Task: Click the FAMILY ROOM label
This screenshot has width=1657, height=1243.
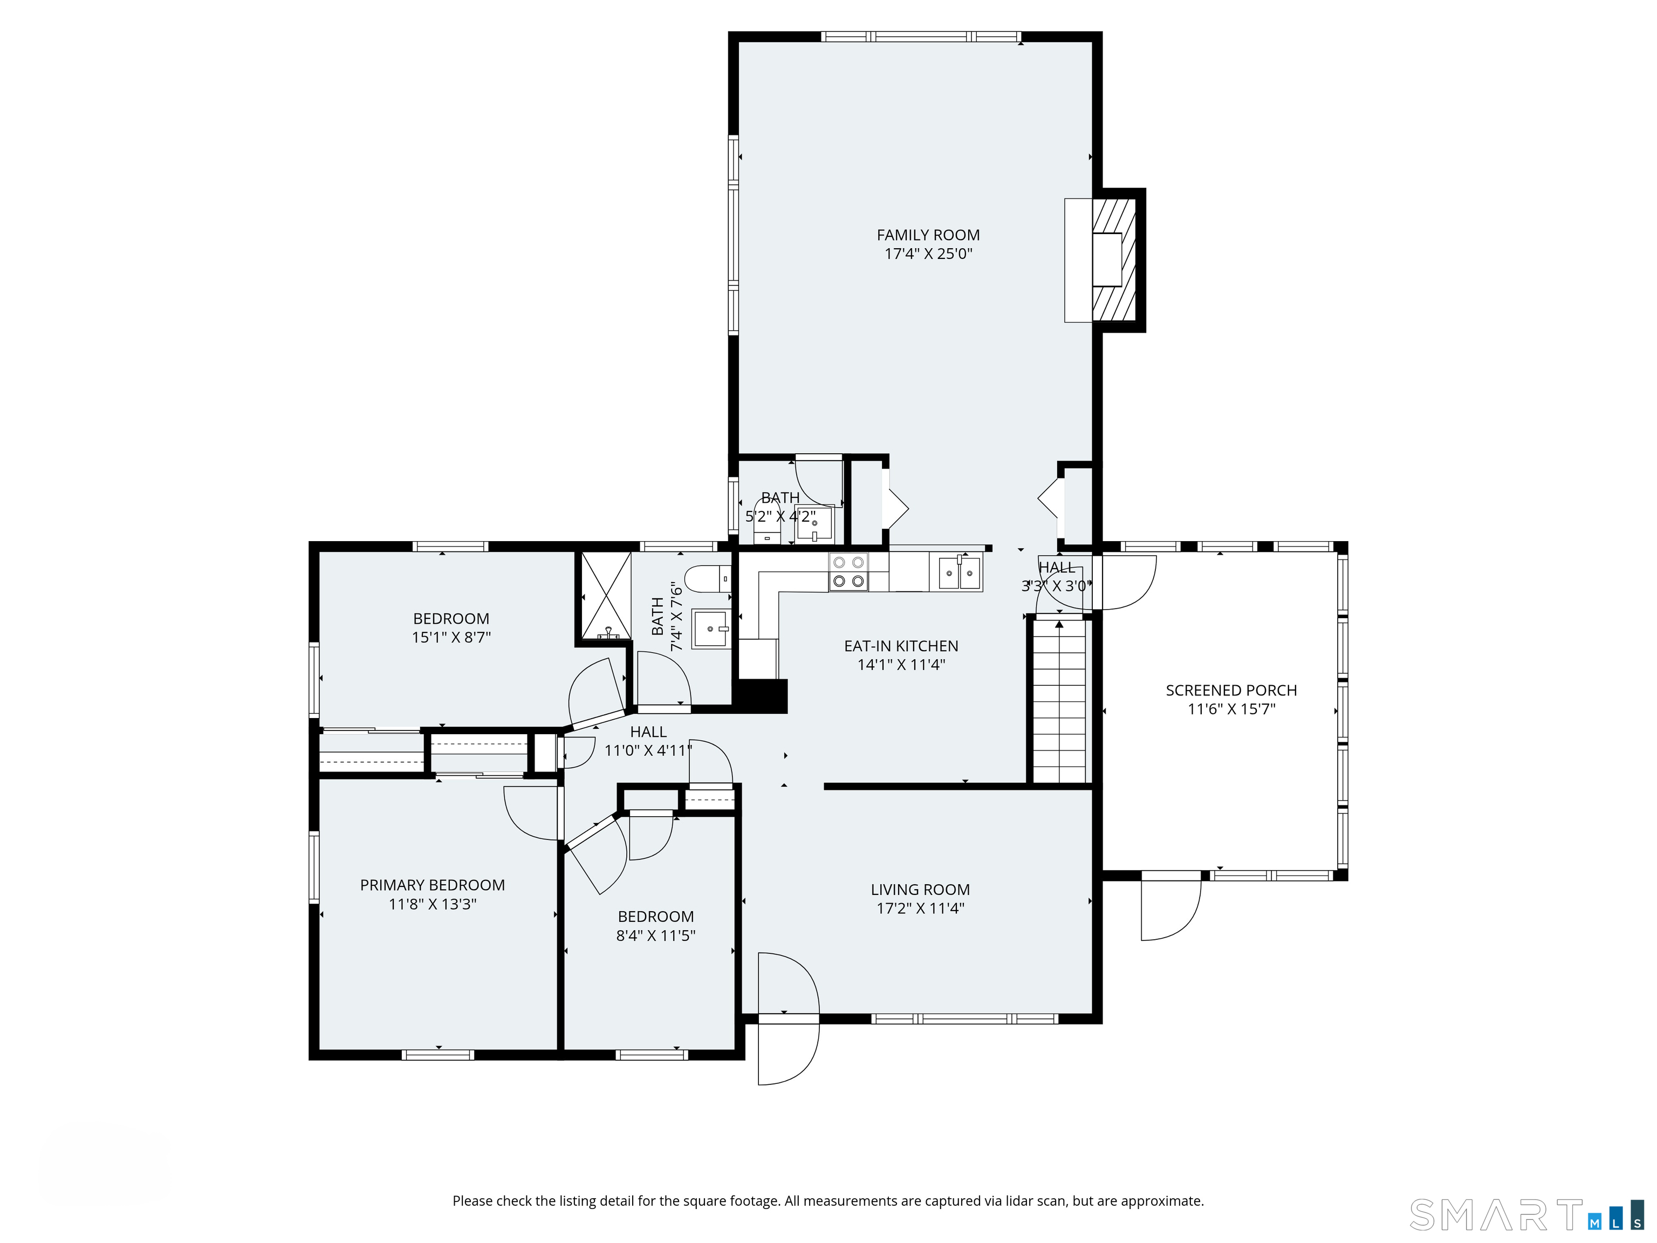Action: pos(928,235)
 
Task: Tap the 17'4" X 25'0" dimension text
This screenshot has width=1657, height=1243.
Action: pos(928,254)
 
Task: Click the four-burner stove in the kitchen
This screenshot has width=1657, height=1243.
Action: pos(848,572)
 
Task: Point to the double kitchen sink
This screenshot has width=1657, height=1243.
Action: pos(960,573)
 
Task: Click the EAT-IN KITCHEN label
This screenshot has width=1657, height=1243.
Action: pos(901,646)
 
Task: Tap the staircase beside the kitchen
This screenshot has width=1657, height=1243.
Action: pos(1059,701)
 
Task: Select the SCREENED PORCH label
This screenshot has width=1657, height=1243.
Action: pos(1231,691)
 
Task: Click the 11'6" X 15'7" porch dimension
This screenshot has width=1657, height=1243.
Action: pos(1231,709)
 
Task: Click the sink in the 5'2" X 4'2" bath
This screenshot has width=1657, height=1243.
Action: pos(814,524)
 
